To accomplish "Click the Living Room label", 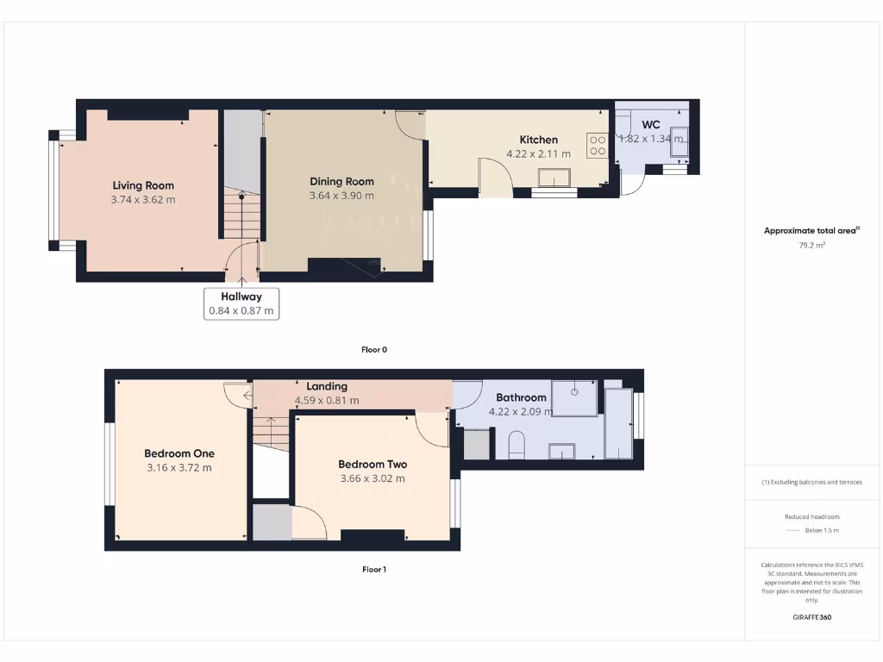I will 143,185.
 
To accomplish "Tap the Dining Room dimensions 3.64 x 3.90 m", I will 341,196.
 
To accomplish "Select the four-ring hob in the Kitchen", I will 597,145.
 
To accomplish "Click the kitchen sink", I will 554,178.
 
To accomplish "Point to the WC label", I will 651,125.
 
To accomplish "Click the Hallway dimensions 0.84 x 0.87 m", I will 241,310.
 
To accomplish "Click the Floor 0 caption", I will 374,350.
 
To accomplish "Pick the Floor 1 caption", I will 374,570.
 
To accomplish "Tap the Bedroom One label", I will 179,453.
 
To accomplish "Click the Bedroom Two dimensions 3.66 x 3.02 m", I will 373,478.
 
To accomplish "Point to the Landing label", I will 327,386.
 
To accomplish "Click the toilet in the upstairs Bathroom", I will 517,445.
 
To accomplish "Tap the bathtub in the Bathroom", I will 618,423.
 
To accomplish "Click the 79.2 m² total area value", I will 811,245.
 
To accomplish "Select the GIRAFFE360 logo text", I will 811,617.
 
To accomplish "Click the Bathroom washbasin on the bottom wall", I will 562,452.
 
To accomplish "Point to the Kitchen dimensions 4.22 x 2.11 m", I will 538,154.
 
